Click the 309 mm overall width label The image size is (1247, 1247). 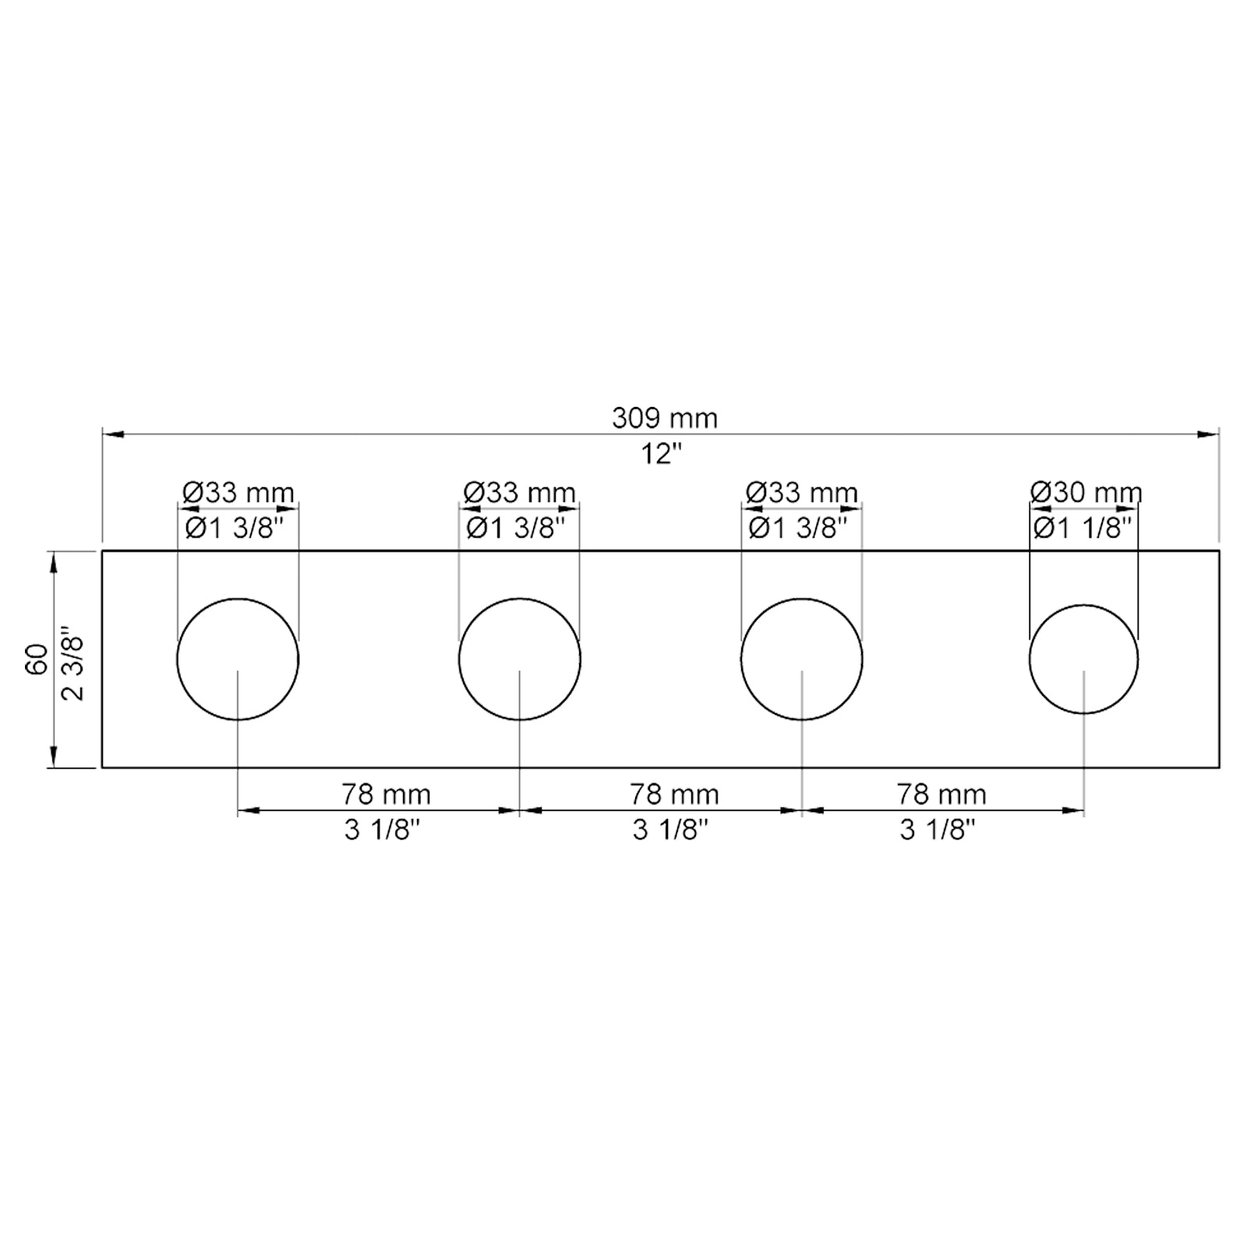pos(664,419)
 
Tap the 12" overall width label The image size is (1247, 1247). pos(661,454)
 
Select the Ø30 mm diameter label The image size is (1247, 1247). pos(1086,493)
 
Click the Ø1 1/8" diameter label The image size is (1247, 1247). pos(1083,528)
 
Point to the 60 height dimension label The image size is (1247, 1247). pos(37,659)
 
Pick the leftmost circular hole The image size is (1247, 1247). pos(238,659)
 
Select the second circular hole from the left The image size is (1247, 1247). pos(520,659)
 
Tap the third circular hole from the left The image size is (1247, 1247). pos(802,659)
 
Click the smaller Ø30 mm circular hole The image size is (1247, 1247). pos(1083,659)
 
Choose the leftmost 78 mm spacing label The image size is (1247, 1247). pos(386,794)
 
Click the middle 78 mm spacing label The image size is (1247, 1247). pos(674,794)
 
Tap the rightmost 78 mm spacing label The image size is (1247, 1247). pos(941,794)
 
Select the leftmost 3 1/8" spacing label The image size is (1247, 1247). pos(382,830)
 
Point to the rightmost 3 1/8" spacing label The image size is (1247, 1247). pos(938,830)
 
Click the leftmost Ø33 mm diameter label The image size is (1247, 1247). pos(238,493)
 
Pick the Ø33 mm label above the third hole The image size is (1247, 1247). pos(802,493)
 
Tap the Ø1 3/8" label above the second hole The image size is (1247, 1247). pos(515,528)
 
